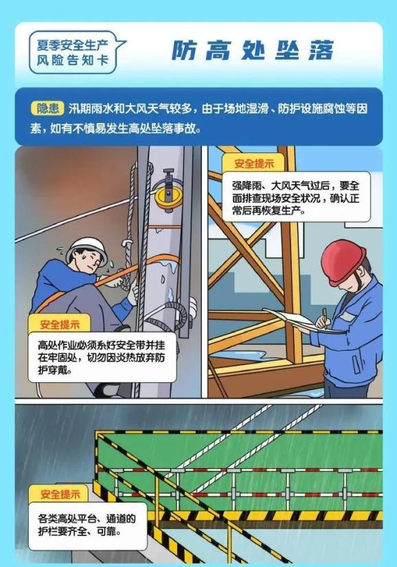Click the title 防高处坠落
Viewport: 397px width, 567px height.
click(x=252, y=50)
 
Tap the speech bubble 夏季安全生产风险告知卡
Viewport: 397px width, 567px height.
click(x=73, y=52)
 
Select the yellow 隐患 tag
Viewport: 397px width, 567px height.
click(x=47, y=108)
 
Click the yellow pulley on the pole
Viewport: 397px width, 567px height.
click(x=168, y=197)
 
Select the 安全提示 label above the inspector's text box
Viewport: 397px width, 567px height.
click(x=253, y=163)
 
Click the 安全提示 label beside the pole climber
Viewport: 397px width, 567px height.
click(x=60, y=324)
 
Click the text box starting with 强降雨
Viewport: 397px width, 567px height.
click(x=295, y=197)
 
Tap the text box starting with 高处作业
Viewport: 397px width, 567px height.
click(x=102, y=357)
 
